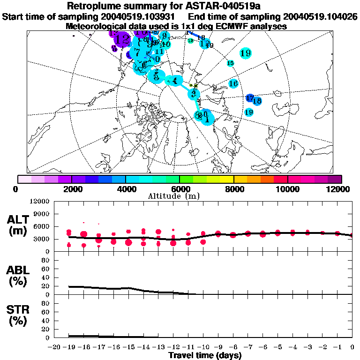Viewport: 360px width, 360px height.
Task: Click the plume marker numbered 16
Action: click(234, 83)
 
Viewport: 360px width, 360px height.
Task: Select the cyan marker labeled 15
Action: click(230, 63)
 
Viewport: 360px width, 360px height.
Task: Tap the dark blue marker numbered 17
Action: click(250, 98)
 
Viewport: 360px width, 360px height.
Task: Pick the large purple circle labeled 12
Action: click(122, 38)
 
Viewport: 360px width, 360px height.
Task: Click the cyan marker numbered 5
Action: click(156, 76)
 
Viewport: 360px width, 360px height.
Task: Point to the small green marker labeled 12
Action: click(190, 41)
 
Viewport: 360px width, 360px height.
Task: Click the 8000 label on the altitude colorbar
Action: click(233, 189)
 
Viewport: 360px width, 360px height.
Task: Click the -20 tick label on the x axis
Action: click(55, 347)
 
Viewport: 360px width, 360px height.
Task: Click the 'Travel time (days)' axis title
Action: click(205, 355)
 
